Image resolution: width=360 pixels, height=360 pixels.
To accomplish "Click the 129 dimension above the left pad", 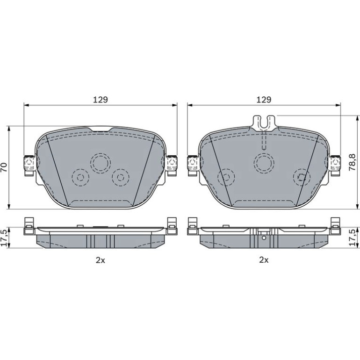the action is point(101,100).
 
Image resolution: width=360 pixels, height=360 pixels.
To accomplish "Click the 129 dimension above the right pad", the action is point(264,100).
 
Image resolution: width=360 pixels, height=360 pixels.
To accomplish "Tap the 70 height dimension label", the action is point(5,167).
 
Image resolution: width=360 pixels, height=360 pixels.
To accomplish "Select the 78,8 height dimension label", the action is point(352,162).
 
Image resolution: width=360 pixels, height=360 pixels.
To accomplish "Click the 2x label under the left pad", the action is point(101,260).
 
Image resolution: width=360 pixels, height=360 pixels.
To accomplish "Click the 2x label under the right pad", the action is point(264,260).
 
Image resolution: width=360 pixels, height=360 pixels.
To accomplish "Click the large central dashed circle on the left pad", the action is point(101,163).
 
